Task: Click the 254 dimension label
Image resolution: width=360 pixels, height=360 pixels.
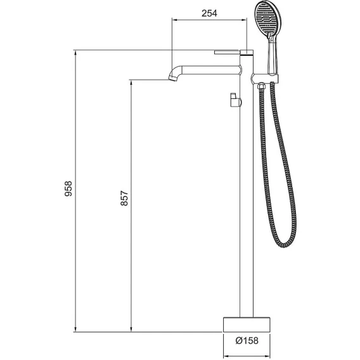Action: (x=209, y=13)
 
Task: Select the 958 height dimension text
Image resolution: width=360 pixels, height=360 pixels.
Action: (x=68, y=189)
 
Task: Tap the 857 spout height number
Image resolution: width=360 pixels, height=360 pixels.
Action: (x=124, y=198)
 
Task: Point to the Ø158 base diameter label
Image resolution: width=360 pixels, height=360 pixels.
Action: (x=247, y=340)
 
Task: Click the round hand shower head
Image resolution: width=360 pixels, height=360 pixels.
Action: (x=268, y=20)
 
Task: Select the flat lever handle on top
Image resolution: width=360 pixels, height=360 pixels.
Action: (x=227, y=53)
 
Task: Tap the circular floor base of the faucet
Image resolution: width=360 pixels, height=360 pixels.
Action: (x=247, y=325)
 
